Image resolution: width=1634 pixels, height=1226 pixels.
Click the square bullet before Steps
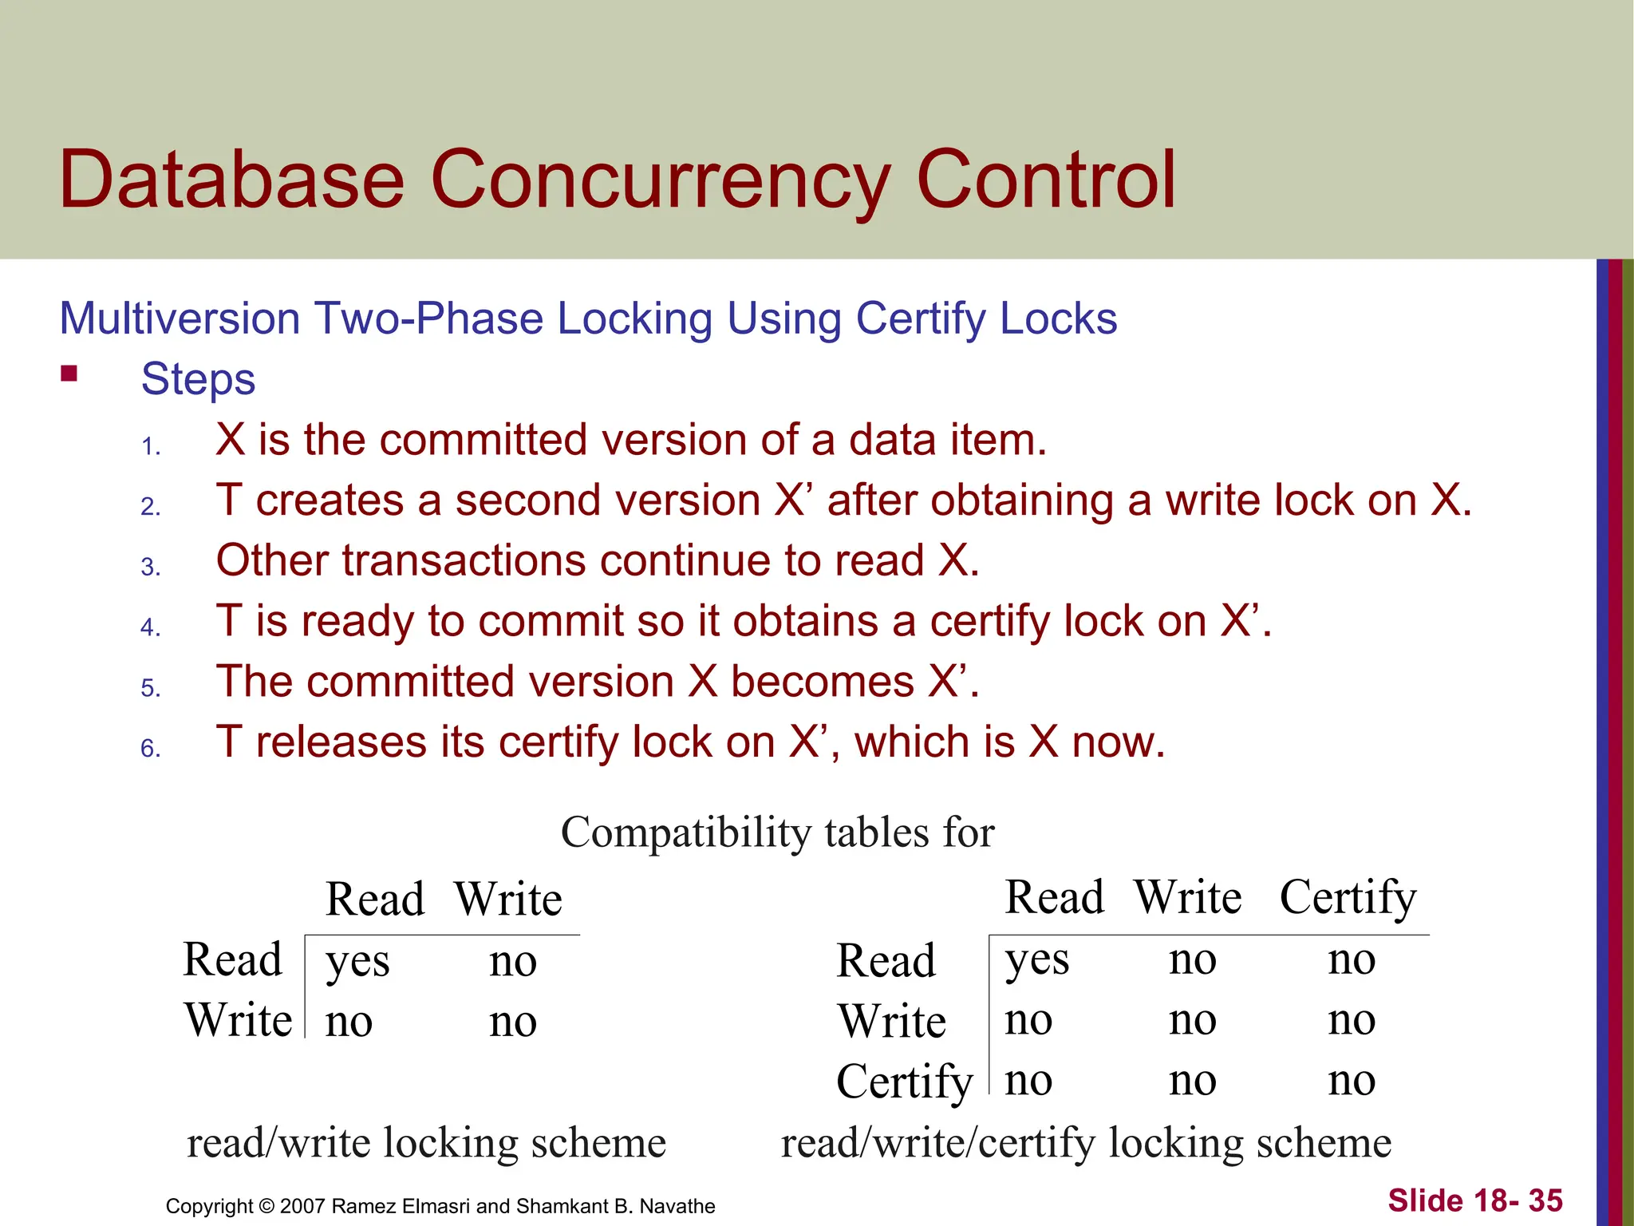point(69,374)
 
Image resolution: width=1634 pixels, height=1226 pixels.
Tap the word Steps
point(198,379)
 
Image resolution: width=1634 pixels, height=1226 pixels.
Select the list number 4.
point(150,627)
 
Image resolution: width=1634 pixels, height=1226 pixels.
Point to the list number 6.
point(150,749)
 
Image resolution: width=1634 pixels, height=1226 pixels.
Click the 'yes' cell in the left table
point(357,962)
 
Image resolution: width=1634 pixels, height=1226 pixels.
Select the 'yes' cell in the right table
point(1036,960)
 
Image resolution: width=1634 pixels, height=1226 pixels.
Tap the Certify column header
point(1348,898)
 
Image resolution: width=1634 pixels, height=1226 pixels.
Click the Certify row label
point(904,1082)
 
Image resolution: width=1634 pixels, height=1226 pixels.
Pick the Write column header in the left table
point(508,900)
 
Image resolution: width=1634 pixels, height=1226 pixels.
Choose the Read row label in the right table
point(886,960)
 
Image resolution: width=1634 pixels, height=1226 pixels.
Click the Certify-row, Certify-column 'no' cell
point(1352,1081)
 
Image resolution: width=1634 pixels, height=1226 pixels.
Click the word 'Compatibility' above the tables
point(686,833)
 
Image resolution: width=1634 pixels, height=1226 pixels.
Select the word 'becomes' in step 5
point(822,682)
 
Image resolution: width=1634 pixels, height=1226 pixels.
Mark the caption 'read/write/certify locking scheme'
point(1086,1143)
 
